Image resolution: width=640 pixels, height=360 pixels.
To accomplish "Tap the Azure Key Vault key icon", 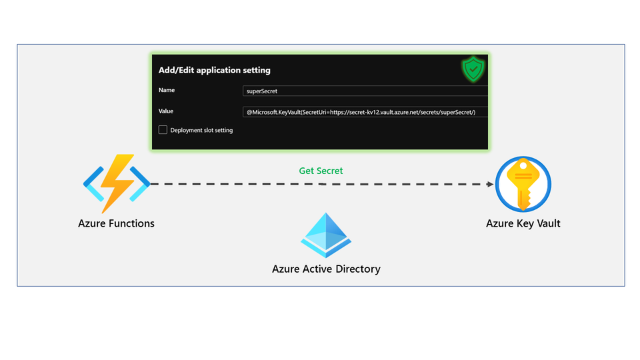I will [523, 184].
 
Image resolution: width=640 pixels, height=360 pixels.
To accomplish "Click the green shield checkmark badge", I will [473, 69].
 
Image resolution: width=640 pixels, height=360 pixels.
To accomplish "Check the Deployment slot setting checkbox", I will [163, 130].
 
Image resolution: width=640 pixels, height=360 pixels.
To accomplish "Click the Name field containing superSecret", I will [365, 91].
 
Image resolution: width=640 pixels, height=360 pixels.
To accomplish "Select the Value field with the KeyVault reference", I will [365, 112].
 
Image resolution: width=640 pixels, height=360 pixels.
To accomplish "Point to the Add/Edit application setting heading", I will [214, 70].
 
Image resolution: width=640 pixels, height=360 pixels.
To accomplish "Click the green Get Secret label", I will [321, 171].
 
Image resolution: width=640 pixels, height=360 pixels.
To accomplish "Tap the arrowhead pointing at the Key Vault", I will [490, 184].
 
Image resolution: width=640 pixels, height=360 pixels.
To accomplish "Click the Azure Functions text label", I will [116, 223].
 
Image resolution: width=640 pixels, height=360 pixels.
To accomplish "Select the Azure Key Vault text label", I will [523, 223].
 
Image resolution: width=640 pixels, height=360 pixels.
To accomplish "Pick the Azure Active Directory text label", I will [326, 269].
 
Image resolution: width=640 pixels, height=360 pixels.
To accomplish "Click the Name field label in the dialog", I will [167, 90].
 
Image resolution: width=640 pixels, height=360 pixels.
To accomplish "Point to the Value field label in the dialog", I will [166, 111].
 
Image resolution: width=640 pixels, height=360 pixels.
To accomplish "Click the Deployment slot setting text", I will [201, 130].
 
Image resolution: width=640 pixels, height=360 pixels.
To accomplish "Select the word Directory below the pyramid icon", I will [357, 269].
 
